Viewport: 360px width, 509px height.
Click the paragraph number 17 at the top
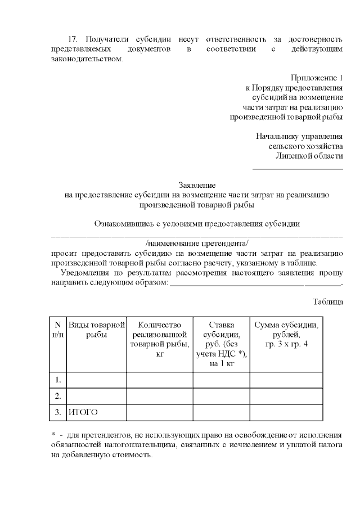click(x=71, y=39)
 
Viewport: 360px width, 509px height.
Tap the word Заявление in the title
click(x=196, y=184)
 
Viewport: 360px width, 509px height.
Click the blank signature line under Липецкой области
click(x=298, y=168)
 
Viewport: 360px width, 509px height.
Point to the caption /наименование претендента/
click(x=196, y=243)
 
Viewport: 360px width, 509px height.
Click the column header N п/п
click(x=57, y=330)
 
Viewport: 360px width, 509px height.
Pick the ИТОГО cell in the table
click(x=83, y=412)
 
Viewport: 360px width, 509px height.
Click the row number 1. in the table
click(x=57, y=380)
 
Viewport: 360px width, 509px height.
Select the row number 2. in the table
click(x=57, y=396)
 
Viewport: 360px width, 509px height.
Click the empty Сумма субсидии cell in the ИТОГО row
click(x=286, y=412)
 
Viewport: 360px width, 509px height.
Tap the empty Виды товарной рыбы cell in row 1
click(x=96, y=380)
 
